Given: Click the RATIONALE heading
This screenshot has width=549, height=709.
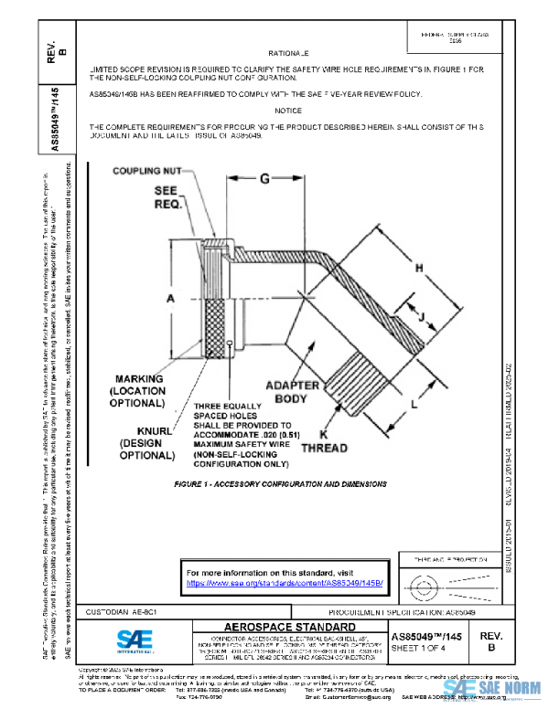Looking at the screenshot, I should (x=294, y=54).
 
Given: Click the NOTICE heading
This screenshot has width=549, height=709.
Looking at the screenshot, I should (x=294, y=110).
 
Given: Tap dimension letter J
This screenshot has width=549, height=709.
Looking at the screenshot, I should (x=422, y=318).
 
